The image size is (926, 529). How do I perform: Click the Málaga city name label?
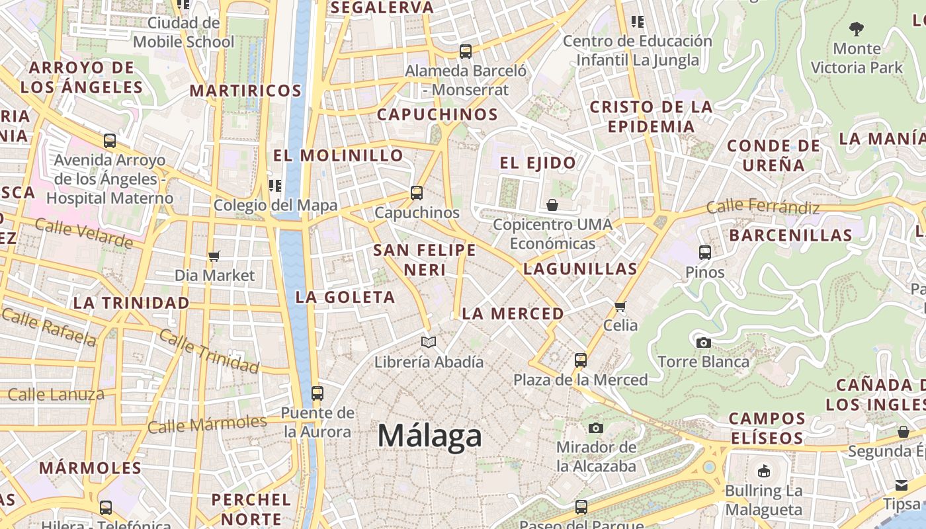click(430, 436)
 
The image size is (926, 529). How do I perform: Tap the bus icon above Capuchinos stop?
click(417, 193)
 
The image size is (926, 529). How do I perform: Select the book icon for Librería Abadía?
click(429, 343)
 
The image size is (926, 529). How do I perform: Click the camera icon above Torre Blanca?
click(704, 343)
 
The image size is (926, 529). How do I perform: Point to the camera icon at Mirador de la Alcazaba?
click(596, 428)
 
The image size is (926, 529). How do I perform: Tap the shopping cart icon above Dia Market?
click(214, 256)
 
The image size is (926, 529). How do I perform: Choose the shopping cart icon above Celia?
click(620, 305)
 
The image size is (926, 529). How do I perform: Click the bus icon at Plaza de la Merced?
click(581, 360)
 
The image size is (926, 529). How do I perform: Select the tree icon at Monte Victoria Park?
click(857, 29)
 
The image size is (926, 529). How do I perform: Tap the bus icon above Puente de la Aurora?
click(317, 393)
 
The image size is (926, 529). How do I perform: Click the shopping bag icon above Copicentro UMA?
click(552, 205)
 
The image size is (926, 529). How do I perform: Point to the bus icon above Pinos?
click(705, 252)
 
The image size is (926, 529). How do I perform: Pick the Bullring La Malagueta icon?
click(764, 471)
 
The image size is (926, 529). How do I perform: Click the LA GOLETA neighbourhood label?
click(345, 298)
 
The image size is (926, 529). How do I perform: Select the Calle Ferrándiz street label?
click(763, 208)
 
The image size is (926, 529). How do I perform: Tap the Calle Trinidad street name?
click(209, 352)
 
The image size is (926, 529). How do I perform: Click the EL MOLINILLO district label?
click(338, 155)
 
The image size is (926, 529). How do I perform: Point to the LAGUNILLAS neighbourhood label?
click(580, 269)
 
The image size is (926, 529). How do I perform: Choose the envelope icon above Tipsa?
click(902, 485)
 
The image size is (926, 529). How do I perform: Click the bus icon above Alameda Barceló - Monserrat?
click(466, 51)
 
